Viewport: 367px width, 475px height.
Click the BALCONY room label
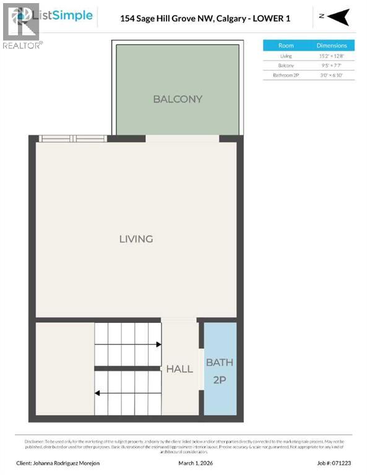click(178, 99)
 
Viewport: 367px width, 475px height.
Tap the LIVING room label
click(136, 239)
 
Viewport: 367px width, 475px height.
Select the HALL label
click(179, 369)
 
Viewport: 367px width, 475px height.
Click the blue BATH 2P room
click(220, 369)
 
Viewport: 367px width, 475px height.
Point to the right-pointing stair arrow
click(158, 344)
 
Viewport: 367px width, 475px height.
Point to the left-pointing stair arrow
click(98, 392)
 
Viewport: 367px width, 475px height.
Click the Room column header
click(286, 45)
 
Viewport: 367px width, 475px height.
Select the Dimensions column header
click(332, 45)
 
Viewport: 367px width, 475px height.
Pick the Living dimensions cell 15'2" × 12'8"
click(332, 56)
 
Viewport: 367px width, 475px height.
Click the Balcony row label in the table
click(286, 65)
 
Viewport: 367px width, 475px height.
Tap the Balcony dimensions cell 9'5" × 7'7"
click(332, 65)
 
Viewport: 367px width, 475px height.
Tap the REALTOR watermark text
click(22, 45)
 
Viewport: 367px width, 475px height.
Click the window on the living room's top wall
click(72, 139)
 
